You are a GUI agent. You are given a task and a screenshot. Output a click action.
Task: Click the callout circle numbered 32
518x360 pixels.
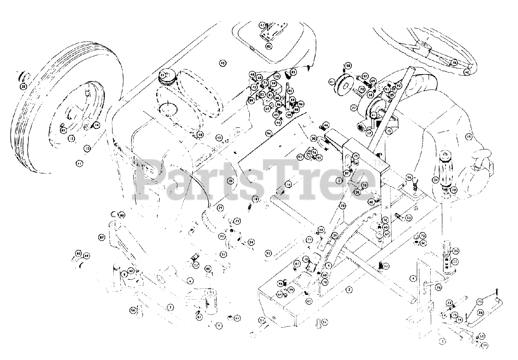click(x=23, y=86)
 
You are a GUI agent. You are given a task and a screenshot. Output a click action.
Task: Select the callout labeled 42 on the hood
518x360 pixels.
click(x=222, y=63)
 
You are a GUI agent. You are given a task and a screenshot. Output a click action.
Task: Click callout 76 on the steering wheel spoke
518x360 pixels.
click(x=454, y=63)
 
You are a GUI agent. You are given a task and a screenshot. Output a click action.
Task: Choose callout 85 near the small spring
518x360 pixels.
click(x=293, y=72)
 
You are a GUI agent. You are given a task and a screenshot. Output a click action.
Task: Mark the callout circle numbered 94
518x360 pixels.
click(x=268, y=133)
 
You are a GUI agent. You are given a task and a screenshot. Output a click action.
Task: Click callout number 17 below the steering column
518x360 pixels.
click(x=369, y=132)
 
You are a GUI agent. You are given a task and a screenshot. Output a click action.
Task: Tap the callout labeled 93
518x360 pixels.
click(x=268, y=253)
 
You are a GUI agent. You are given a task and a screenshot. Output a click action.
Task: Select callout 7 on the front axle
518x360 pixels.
click(x=171, y=308)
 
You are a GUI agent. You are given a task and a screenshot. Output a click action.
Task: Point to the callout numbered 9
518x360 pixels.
click(x=219, y=325)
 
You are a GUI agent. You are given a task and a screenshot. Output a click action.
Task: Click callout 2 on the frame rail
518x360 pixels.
click(x=349, y=290)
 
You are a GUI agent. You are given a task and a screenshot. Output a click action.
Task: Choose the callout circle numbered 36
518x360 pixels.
click(x=439, y=287)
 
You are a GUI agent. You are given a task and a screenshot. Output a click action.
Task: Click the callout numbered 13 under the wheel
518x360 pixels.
click(x=87, y=149)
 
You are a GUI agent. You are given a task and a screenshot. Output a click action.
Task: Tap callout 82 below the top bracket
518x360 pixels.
click(x=269, y=46)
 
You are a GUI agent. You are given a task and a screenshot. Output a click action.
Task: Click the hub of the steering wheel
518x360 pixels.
click(x=423, y=45)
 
